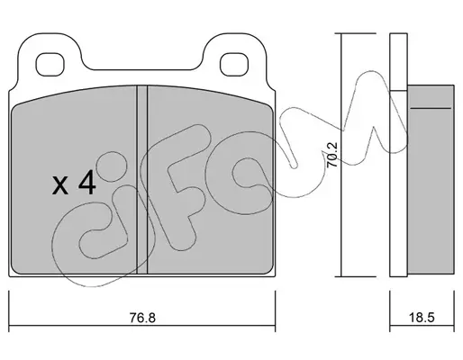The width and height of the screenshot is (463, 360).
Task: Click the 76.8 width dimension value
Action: [x=142, y=318]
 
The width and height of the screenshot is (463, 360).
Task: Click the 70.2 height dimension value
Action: [x=332, y=155]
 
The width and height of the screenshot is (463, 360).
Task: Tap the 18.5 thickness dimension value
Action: [x=422, y=318]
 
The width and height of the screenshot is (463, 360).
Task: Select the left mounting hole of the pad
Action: [x=50, y=64]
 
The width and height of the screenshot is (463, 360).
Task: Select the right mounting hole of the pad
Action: [x=234, y=64]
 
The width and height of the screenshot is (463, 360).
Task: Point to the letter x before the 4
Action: [x=60, y=186]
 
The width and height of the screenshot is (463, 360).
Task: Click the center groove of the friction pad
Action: [x=142, y=180]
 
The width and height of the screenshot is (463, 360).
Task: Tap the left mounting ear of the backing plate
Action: [x=50, y=56]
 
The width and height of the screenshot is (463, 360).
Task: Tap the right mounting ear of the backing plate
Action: [x=234, y=56]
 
